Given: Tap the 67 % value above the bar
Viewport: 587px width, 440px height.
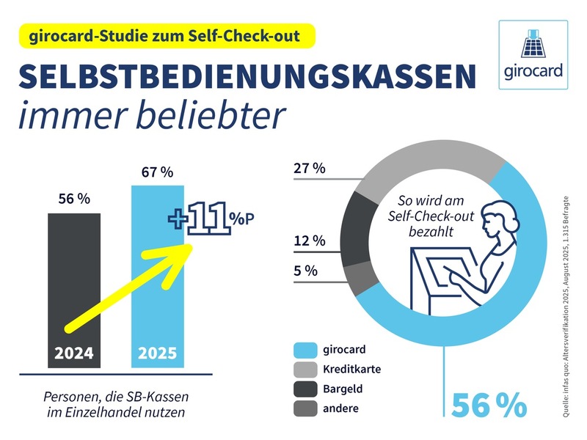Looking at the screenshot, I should point(156,172).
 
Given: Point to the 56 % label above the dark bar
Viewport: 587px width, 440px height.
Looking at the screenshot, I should point(73,199).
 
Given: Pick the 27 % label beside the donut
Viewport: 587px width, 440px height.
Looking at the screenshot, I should point(309,168).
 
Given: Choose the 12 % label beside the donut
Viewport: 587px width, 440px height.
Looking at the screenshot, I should point(309,241).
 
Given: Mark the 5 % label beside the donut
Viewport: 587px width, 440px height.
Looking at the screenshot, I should point(305,271).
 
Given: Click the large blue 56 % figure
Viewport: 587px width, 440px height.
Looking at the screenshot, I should point(489,406).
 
